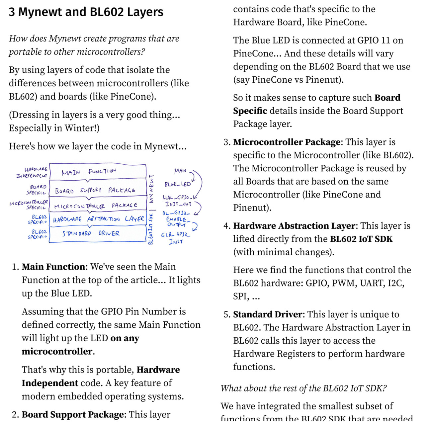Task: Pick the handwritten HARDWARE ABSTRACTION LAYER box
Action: [x=98, y=219]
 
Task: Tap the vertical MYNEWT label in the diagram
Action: [x=151, y=189]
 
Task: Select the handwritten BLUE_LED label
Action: [x=178, y=184]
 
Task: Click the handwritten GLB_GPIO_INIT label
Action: [x=176, y=238]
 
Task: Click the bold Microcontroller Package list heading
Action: [x=287, y=142]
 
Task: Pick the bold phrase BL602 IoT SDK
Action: [x=361, y=239]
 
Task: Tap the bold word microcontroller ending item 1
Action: [x=57, y=352]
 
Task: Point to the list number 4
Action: [x=227, y=226]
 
